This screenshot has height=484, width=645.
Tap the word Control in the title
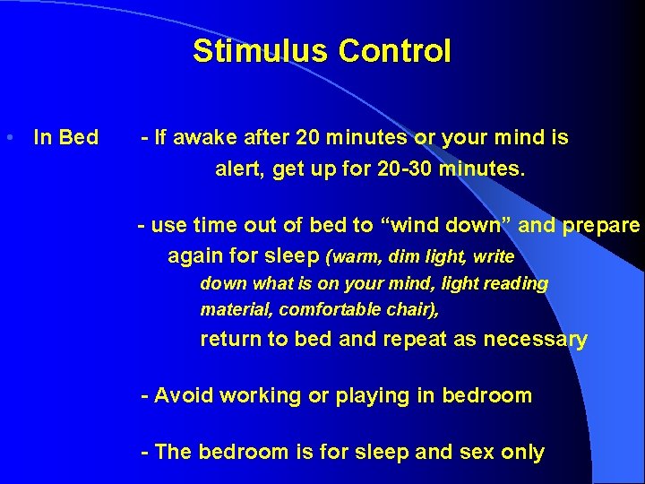(x=394, y=51)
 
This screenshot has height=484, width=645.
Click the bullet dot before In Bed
(x=8, y=138)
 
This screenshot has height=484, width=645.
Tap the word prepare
(x=601, y=226)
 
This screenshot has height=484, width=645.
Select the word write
(x=494, y=257)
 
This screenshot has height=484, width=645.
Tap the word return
(x=228, y=340)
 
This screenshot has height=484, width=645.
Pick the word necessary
(x=541, y=340)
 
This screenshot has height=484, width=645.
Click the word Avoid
(x=184, y=396)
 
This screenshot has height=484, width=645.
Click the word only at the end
(x=523, y=453)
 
